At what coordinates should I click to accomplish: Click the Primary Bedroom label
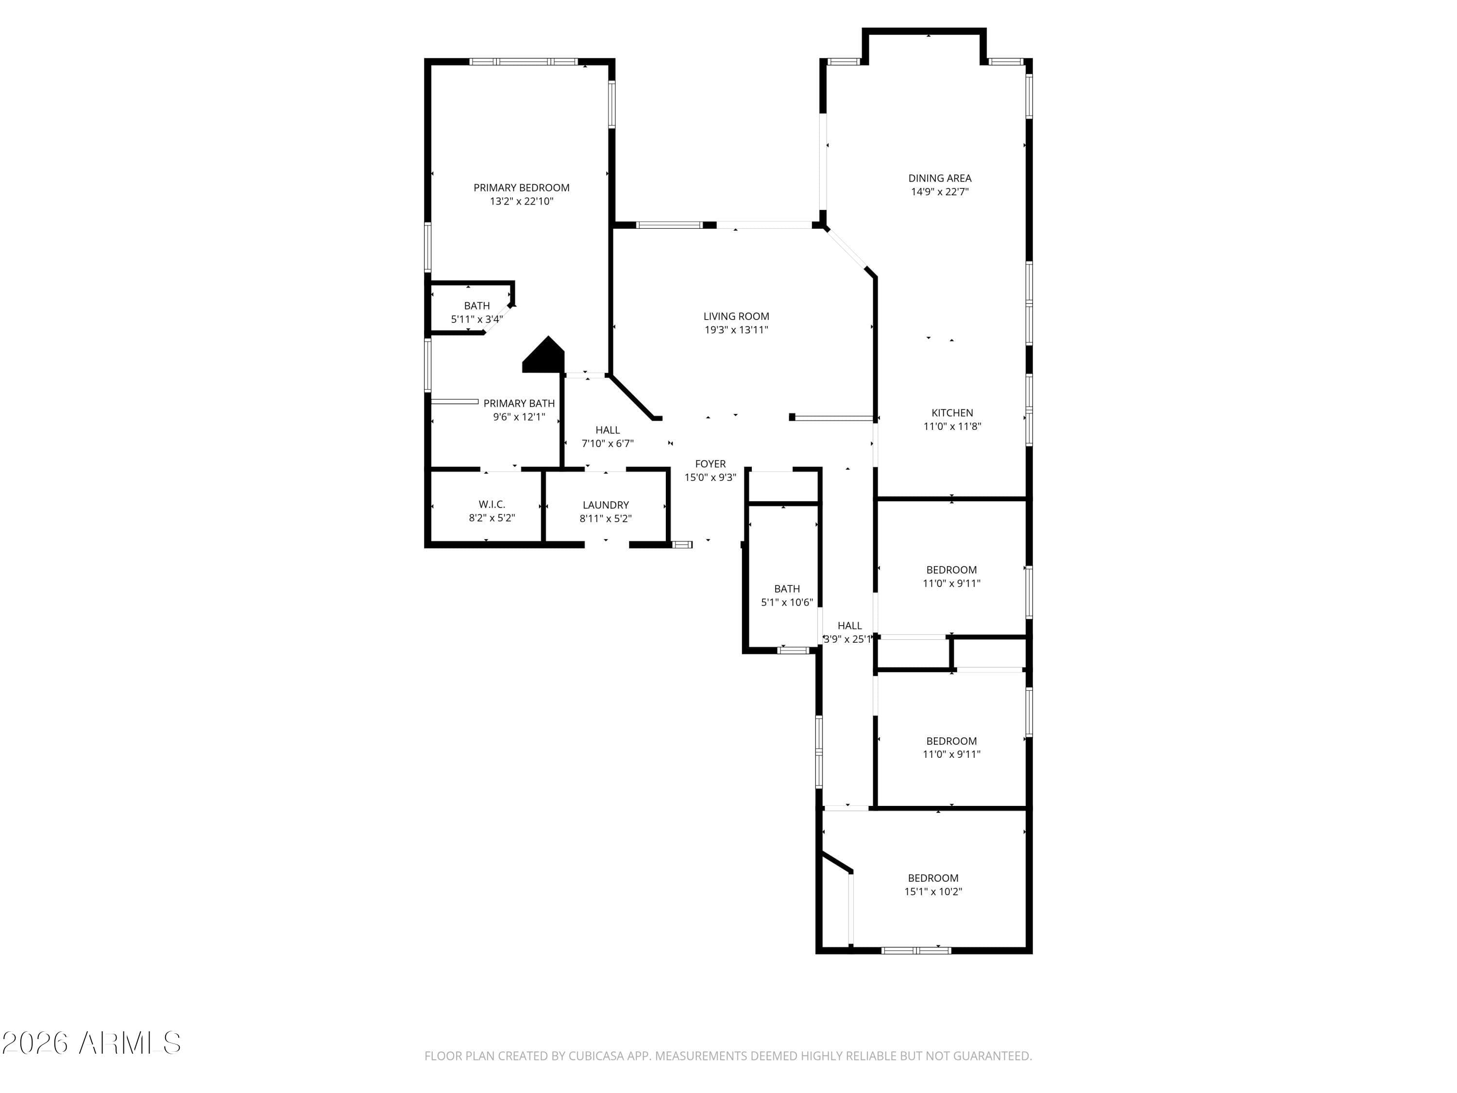521,188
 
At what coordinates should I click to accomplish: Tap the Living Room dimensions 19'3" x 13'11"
736,330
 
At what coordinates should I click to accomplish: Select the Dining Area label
939,178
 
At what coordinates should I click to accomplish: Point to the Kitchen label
952,413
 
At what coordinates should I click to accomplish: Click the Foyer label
710,464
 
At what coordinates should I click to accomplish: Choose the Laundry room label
605,505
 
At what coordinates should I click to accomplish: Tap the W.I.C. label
492,505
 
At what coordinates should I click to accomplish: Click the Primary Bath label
519,403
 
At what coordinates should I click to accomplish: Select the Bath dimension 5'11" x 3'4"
477,320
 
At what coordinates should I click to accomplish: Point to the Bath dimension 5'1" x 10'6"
787,602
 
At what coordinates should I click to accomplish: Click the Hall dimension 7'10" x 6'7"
607,444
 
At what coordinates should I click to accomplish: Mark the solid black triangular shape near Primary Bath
544,357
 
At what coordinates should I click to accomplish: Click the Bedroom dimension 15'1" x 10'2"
932,892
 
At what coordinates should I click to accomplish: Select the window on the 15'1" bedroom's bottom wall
916,950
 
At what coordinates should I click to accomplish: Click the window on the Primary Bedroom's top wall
524,62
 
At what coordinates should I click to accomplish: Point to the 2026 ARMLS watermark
91,1043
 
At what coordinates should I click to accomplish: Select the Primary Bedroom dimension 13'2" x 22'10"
521,202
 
